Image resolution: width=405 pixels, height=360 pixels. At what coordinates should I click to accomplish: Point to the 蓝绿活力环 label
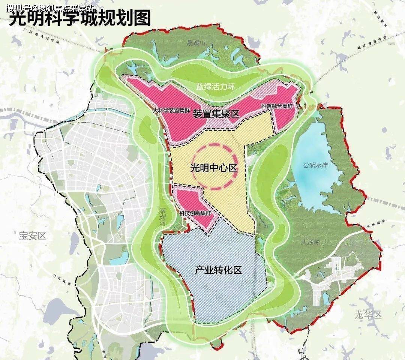(x=215, y=87)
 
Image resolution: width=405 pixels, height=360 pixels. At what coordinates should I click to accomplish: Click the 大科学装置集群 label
(x=172, y=111)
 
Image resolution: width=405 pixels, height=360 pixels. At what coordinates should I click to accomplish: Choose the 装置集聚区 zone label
(x=216, y=114)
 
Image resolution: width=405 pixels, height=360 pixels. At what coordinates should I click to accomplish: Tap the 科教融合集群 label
(x=277, y=106)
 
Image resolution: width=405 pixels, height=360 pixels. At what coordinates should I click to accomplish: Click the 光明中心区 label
(x=214, y=168)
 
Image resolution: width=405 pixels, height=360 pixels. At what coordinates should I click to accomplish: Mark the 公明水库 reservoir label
(x=316, y=165)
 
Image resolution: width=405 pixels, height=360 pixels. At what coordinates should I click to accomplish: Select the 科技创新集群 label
(x=195, y=213)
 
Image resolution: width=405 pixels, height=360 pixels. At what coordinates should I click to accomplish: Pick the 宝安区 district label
(x=32, y=235)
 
